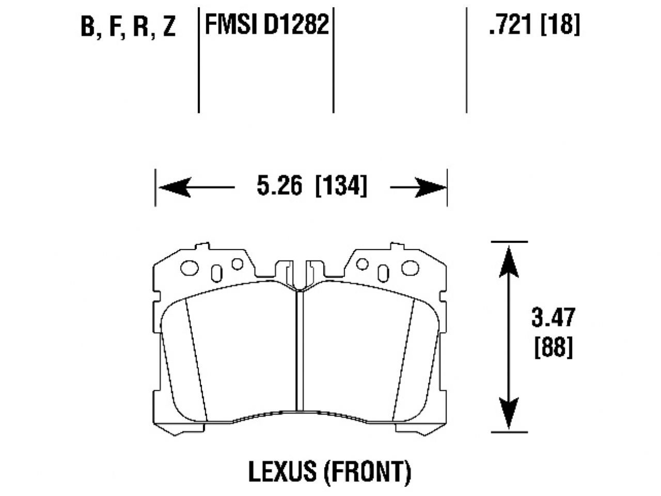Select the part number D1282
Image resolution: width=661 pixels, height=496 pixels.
tap(296, 24)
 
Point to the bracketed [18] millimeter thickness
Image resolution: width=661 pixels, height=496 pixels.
tap(560, 24)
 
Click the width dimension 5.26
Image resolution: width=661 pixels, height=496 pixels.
tap(279, 187)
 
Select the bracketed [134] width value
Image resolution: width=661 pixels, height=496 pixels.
tap(341, 187)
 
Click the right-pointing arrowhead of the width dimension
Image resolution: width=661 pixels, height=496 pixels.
tap(432, 187)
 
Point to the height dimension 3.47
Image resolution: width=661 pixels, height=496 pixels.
tap(553, 317)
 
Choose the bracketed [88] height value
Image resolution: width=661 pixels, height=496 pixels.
tap(553, 348)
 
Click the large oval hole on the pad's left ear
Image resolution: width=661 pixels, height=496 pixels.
tap(190, 268)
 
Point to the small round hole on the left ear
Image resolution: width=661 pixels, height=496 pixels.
tap(237, 264)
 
